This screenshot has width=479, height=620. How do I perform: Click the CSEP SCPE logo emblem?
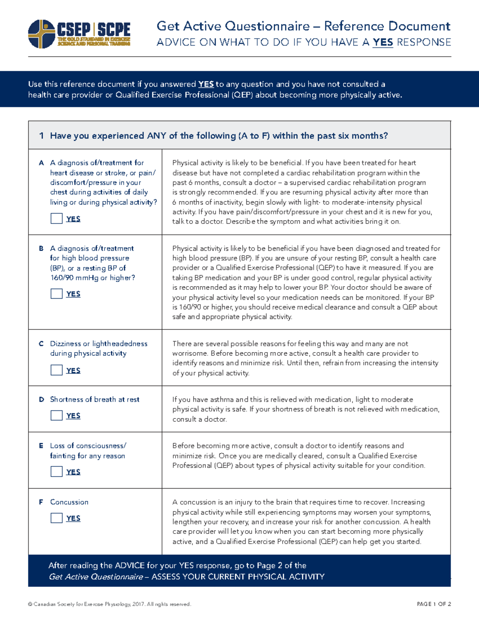point(42,34)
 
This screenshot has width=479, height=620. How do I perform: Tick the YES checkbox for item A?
point(56,218)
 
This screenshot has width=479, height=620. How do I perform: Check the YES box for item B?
point(56,293)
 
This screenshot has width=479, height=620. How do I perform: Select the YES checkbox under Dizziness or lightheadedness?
point(56,370)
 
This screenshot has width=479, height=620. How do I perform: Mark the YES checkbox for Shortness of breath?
point(56,415)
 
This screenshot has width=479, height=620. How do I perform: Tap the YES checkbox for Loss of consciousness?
point(56,471)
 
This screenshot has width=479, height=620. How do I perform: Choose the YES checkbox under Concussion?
point(56,518)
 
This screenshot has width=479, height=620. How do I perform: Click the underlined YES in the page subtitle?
point(382,42)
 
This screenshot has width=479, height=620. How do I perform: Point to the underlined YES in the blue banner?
point(206,84)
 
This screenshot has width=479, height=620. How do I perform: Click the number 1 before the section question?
point(41,136)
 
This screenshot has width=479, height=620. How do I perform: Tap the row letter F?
point(41,502)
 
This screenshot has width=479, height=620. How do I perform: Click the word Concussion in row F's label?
point(69,502)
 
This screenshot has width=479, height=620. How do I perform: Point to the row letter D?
point(41,400)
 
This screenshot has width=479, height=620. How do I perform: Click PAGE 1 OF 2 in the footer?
point(433,604)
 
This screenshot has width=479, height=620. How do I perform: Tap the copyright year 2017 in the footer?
point(138,604)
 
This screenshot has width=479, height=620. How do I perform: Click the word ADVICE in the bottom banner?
point(130,565)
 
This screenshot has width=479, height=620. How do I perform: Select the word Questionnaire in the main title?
point(267,26)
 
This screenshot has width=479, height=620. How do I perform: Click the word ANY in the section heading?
point(156,136)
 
